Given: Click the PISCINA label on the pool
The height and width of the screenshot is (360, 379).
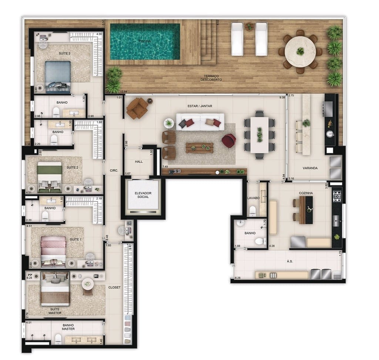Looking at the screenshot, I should (x=144, y=41).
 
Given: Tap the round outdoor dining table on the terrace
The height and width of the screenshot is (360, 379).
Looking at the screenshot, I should (x=300, y=51).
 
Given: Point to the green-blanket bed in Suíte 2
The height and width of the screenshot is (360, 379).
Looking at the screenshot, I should (x=50, y=176).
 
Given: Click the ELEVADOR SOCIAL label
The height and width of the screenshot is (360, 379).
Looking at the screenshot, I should (x=143, y=195).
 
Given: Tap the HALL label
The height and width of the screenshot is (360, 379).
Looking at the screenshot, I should (x=139, y=162).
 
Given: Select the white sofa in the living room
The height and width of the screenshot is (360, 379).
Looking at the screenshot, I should (x=200, y=122).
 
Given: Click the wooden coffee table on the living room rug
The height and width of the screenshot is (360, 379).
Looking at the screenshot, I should (x=200, y=147).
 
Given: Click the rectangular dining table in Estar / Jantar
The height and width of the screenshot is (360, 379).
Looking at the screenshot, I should (x=259, y=135).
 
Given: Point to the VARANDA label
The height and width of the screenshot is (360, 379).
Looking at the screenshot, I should (x=310, y=168).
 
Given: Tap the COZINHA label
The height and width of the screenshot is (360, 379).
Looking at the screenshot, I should (x=306, y=193).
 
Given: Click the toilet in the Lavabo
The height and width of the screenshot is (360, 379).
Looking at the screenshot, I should (x=253, y=211).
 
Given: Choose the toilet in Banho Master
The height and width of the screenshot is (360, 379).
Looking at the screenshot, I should (x=58, y=339).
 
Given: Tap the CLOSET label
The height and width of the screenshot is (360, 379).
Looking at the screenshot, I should (x=114, y=287).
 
